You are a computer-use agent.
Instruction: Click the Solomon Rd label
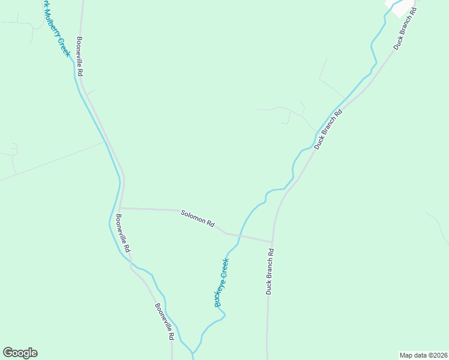[x=198, y=218]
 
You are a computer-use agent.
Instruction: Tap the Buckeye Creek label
[x=222, y=282]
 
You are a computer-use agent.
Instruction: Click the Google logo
[x=20, y=353]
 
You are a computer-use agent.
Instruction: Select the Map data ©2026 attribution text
[x=423, y=355]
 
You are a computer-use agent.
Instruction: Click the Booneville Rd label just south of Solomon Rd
[x=122, y=233]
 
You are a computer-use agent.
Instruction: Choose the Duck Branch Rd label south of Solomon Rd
[x=270, y=271]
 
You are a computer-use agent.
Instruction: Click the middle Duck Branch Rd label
[x=328, y=129]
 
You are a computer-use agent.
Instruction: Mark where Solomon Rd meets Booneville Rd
[x=120, y=208]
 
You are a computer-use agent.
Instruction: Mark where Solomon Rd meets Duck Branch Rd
[x=273, y=242]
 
